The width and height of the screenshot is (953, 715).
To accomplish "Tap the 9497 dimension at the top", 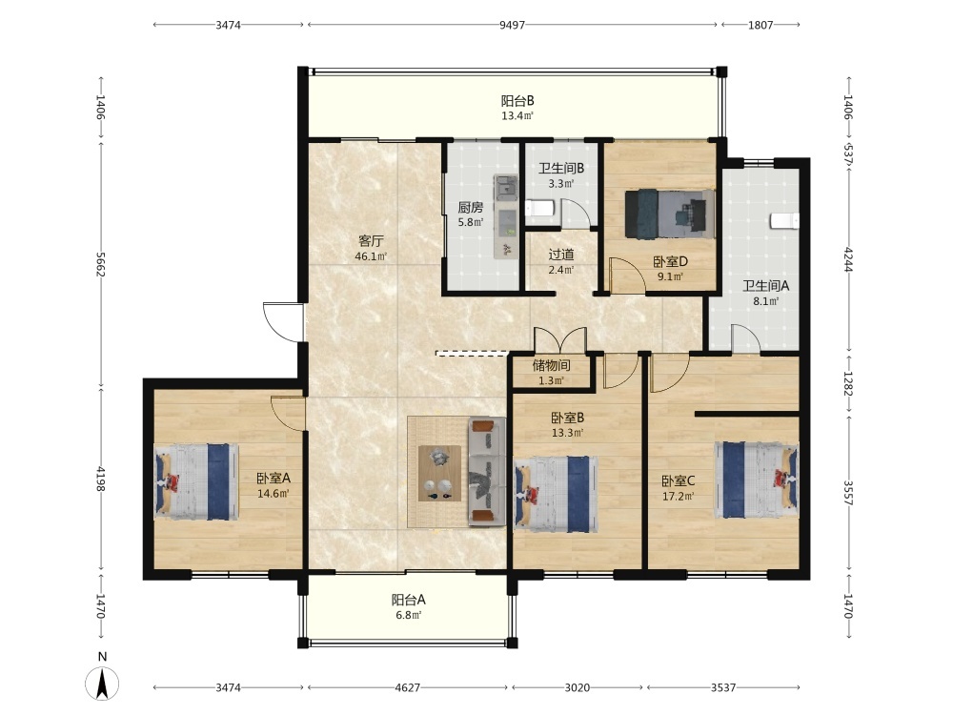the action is [512, 25].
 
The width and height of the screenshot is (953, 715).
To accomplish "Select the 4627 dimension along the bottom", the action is [407, 687].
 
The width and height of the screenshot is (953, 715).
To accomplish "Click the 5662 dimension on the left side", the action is [101, 264].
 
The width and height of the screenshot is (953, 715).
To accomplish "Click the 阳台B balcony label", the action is [517, 101].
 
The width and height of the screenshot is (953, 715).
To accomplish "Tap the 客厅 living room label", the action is [371, 241].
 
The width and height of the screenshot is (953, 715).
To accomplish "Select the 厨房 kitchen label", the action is [471, 207].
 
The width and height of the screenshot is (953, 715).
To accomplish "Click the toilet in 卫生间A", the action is [784, 221].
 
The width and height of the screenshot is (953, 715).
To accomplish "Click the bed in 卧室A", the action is [195, 481].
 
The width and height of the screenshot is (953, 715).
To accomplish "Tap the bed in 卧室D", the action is [670, 214].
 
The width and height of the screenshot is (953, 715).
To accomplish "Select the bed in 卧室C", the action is [757, 480].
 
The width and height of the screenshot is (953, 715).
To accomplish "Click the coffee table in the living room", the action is [439, 474].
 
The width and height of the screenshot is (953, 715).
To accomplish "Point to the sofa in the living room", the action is [486, 472].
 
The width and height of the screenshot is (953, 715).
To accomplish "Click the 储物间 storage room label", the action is [551, 365].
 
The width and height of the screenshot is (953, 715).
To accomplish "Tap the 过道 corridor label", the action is [561, 255].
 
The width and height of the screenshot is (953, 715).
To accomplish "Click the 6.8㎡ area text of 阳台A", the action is [409, 615].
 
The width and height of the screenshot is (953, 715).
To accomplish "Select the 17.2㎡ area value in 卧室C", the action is [679, 496].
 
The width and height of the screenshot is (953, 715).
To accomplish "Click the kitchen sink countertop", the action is [506, 216].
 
